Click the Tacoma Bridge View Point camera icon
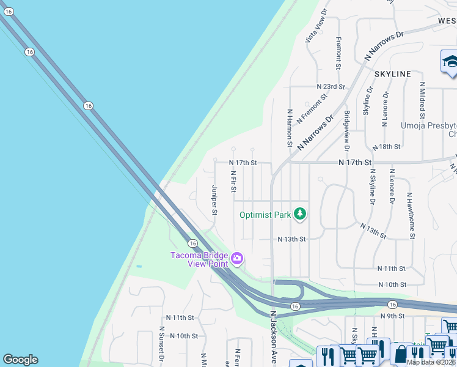pos(237,259)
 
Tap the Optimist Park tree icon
pos(299,213)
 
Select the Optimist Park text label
pos(265,215)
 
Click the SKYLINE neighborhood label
pos(392,74)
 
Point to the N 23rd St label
pos(331,87)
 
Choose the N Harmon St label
pos(290,128)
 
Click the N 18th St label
pos(386,147)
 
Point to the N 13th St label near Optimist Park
pos(291,239)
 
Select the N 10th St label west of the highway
pos(184,336)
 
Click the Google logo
pos(20,360)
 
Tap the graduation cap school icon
pos(450,63)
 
